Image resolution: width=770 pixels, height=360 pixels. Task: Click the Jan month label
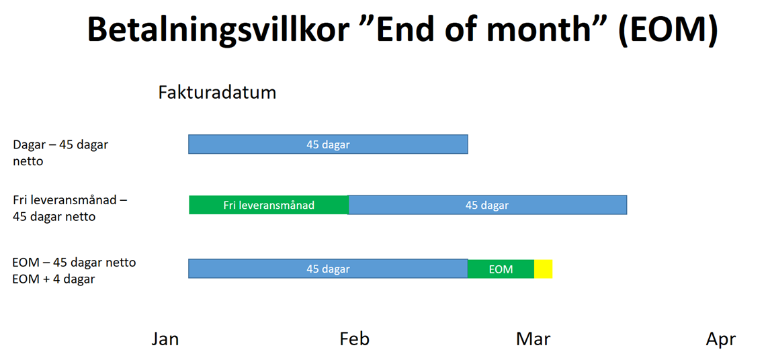point(165,339)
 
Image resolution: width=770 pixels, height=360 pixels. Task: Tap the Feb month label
point(354,339)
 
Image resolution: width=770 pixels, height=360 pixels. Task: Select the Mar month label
point(533,339)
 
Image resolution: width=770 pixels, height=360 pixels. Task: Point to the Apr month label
point(721,339)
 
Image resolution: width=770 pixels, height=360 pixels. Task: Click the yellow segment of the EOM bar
point(543,269)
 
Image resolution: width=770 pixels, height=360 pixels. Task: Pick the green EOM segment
point(501,269)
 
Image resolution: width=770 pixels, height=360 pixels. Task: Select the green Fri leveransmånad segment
point(269,205)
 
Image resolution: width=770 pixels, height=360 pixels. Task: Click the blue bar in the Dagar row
point(328,144)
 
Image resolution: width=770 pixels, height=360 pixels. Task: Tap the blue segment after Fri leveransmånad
point(488,205)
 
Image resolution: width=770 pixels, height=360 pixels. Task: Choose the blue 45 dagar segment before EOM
point(328,269)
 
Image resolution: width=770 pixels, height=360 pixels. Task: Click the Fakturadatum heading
point(217,93)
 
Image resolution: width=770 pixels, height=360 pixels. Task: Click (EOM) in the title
point(668,30)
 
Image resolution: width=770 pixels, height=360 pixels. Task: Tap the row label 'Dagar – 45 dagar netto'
point(60,152)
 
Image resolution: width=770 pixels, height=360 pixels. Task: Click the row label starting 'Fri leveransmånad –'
point(71,208)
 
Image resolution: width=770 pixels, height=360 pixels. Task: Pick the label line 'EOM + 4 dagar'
point(54,279)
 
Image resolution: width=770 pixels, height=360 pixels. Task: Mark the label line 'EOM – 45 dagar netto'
point(74,263)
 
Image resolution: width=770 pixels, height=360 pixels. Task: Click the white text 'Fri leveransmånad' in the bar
point(269,206)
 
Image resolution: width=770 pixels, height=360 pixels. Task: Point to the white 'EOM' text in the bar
point(501,269)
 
